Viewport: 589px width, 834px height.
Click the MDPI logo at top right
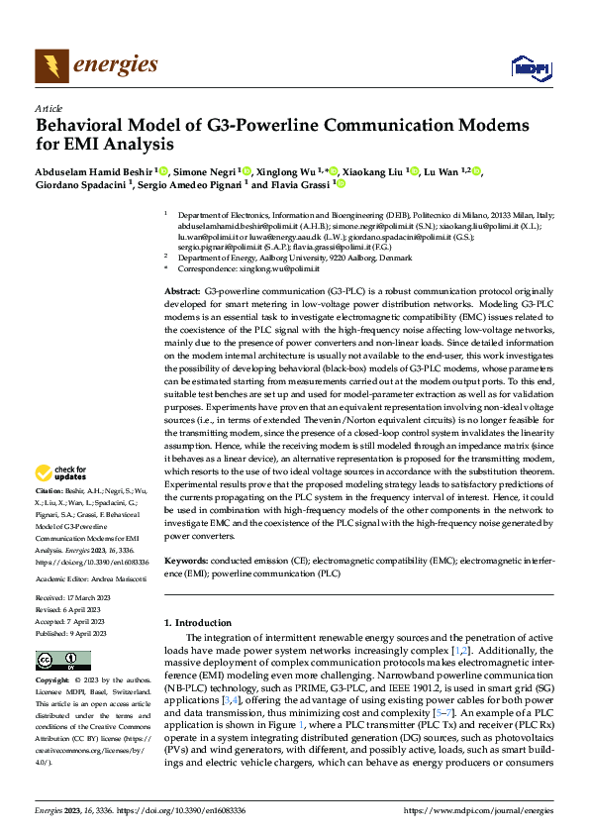coord(530,66)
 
